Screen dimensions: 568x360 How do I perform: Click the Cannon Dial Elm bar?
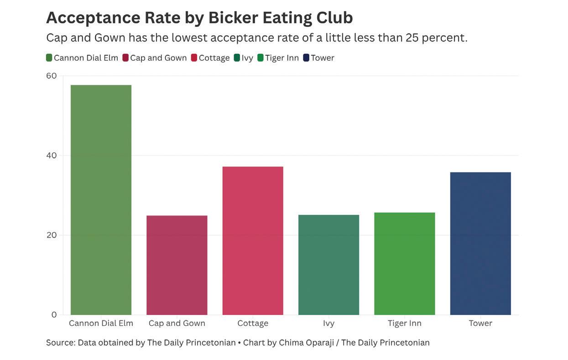(101, 200)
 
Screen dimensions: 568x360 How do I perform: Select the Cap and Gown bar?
(177, 265)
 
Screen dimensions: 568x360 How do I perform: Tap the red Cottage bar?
(253, 240)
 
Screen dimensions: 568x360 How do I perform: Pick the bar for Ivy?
(328, 265)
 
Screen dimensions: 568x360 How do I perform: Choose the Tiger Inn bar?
(405, 264)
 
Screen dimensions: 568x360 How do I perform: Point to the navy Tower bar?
(480, 243)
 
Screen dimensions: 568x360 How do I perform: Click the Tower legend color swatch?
(306, 58)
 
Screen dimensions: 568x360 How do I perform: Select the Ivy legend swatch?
(237, 58)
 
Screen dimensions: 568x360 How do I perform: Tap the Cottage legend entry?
(210, 58)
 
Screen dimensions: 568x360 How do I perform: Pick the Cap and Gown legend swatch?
(125, 58)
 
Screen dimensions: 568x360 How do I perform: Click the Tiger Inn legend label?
(282, 58)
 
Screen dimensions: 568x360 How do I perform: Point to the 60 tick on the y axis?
(51, 76)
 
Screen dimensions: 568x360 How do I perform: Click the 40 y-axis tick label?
(51, 156)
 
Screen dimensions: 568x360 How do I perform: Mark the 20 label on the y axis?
(51, 235)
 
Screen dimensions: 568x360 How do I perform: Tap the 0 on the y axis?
(54, 315)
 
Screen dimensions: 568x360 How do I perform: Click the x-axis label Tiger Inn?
(405, 323)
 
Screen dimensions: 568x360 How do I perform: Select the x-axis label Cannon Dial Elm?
(101, 323)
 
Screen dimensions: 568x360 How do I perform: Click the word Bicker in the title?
(233, 18)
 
